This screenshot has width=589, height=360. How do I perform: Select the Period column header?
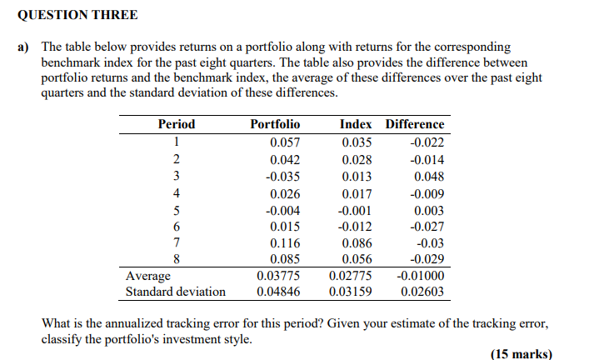tap(176, 124)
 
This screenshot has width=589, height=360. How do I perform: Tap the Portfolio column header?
tap(275, 124)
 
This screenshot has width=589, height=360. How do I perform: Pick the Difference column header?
tap(414, 124)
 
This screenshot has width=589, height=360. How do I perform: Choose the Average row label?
tap(147, 276)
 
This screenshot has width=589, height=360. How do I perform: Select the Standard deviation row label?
tap(175, 292)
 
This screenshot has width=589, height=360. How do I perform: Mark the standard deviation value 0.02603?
tap(422, 292)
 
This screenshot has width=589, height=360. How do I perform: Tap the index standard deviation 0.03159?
tap(351, 292)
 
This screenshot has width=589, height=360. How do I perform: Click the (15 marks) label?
tap(521, 353)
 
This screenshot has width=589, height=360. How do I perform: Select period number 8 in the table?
tap(176, 259)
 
